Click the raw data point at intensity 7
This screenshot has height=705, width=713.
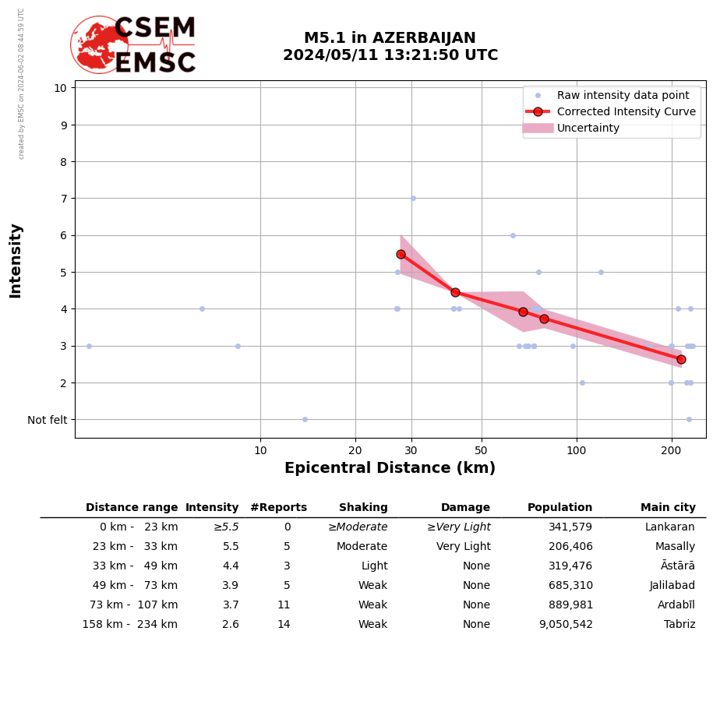pos(413,198)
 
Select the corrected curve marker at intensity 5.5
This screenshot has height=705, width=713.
pos(401,254)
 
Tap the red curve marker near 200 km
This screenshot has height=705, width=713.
pos(681,359)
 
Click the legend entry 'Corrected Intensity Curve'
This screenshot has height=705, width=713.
pos(626,111)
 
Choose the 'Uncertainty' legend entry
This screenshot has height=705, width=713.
pos(588,128)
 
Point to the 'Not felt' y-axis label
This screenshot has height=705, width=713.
pos(48,420)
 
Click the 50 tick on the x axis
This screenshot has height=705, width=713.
pos(482,450)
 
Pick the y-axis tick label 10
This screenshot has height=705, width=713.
pos(60,87)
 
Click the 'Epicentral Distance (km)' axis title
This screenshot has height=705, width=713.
pos(390,468)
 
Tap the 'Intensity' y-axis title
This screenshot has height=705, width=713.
pos(16,260)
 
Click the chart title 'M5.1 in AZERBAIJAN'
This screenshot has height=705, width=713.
pos(390,38)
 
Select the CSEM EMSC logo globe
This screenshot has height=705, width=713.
pos(99,44)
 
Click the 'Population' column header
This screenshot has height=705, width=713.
pos(559,508)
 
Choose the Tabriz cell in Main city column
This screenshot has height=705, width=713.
pos(679,625)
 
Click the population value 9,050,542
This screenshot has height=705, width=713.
pos(566,625)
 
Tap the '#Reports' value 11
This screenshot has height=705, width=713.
pos(284,605)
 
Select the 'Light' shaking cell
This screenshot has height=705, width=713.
pos(374,566)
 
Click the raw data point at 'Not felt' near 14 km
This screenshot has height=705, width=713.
pos(305,419)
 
